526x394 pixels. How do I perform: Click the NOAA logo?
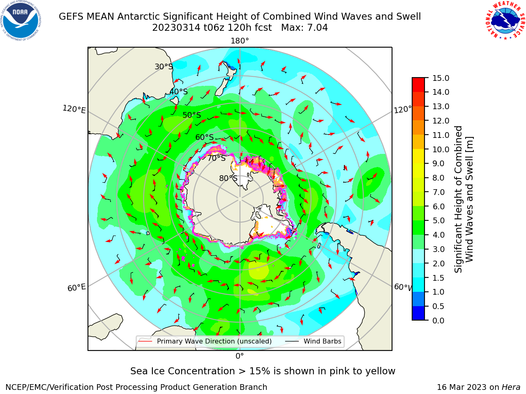pos(21,21)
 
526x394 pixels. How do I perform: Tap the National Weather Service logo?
pos(505,20)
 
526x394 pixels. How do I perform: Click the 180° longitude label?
pos(240,41)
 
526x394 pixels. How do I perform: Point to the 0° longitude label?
pos(240,356)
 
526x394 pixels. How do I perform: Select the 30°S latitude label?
pos(164,66)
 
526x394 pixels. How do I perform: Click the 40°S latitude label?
pos(179,92)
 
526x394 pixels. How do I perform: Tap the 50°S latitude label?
pos(192,115)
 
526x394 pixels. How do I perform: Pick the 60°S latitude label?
pos(204,137)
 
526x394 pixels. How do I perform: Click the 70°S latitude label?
pos(217,158)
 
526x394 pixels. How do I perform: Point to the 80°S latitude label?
pos(228,178)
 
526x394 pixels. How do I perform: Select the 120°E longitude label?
pos(74,109)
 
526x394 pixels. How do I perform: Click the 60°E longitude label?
pos(76,288)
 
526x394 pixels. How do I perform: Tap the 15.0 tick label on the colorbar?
pos(441,78)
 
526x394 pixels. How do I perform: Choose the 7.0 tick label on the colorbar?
pos(438,192)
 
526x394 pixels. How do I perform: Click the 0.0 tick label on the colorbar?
pos(438,321)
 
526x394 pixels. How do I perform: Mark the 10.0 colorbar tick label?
pos(441,149)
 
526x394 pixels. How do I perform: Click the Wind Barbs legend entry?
pos(313,341)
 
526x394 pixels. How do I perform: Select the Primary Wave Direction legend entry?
pos(205,341)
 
